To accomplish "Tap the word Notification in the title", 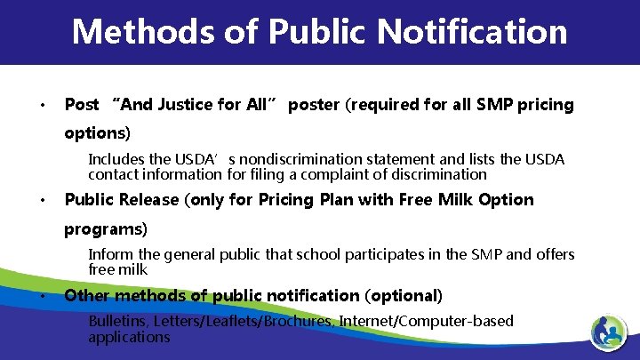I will pos(472,32).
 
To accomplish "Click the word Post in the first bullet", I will pos(82,105).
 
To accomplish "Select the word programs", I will pos(105,229).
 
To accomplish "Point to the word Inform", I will pos(108,255).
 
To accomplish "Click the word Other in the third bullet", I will pos(87,295).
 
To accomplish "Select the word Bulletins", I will pos(119,321).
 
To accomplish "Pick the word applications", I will pos(129,337).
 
